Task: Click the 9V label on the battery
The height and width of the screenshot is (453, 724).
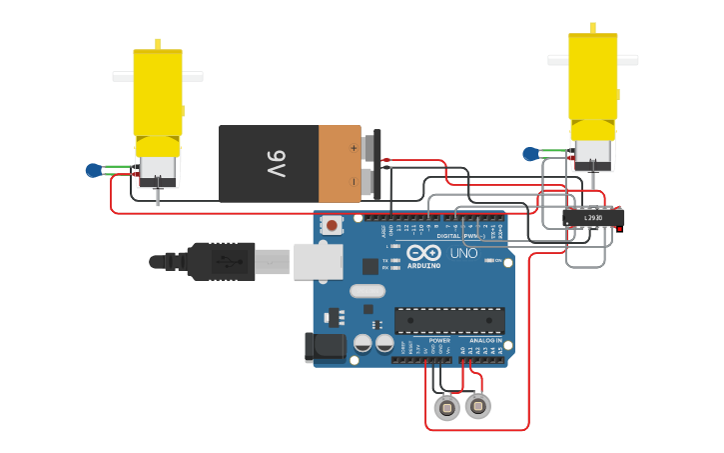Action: tap(276, 164)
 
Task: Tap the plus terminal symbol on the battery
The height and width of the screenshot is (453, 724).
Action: tap(353, 147)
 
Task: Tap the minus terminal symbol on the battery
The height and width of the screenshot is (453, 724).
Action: tap(353, 181)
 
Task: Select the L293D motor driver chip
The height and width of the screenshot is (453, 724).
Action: tap(593, 217)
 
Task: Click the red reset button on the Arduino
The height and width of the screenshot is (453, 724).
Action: tap(332, 225)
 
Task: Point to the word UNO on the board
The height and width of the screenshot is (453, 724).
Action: tap(463, 253)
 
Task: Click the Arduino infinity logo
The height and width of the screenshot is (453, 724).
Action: tap(424, 253)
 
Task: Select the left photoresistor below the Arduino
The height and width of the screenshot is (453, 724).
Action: tap(447, 407)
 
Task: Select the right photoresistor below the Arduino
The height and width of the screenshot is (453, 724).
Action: tap(478, 406)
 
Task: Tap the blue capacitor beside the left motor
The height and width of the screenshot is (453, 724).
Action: tap(94, 170)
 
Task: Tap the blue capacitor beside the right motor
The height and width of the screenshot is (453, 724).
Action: tap(530, 154)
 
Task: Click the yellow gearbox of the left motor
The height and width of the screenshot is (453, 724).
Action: tap(158, 95)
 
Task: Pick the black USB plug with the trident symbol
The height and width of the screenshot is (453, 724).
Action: tap(221, 262)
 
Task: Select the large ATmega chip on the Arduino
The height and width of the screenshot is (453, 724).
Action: tap(449, 320)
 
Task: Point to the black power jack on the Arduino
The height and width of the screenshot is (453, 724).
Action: tap(325, 347)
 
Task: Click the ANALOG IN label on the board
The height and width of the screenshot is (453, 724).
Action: tap(486, 340)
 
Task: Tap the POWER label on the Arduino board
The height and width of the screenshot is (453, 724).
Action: tap(439, 340)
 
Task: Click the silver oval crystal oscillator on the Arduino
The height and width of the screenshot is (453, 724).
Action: tap(367, 291)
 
